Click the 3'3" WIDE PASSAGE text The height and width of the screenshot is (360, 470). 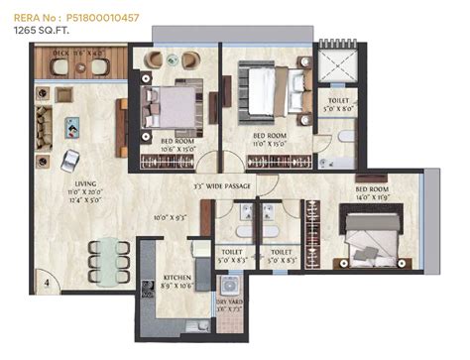click(222, 185)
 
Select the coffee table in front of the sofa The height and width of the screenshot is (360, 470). click(75, 127)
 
